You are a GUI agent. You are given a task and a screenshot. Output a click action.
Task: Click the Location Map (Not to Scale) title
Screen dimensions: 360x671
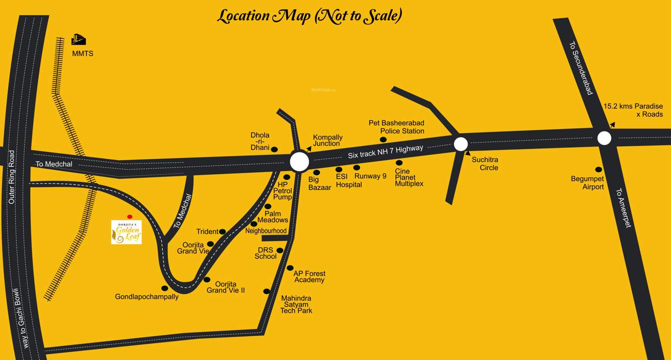pos(309,16)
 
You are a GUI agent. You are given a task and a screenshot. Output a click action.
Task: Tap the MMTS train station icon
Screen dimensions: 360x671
pos(78,39)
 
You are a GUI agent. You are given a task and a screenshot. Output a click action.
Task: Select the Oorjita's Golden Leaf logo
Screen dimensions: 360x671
pos(126,232)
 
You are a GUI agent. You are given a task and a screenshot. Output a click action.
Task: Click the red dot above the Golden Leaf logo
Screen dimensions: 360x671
pos(130,217)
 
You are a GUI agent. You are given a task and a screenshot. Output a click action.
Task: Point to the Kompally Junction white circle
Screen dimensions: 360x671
pos(299,162)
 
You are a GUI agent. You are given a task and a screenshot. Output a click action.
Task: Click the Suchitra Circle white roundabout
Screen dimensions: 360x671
pos(461,144)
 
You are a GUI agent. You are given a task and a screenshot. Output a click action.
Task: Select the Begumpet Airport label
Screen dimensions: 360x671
pos(587,183)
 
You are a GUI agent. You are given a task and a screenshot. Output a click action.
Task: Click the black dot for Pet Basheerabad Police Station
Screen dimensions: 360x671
pos(383,140)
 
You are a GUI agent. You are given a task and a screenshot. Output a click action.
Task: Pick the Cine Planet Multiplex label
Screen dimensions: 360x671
pos(409,177)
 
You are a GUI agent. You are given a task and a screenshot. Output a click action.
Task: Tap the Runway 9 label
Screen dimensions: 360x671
pos(370,176)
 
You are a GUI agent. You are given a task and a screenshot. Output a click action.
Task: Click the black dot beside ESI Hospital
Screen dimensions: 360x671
pos(339,170)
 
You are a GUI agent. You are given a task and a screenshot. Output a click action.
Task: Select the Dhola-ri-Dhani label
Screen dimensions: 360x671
pos(260,141)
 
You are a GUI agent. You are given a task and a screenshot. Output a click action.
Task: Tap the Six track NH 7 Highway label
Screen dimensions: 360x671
pos(386,151)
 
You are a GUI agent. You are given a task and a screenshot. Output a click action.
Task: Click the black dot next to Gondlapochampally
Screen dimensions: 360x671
pos(164,288)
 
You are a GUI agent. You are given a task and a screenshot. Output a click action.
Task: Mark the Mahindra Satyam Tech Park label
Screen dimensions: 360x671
pos(296,304)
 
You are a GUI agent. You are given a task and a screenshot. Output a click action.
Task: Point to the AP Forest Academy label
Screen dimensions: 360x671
pos(309,277)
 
